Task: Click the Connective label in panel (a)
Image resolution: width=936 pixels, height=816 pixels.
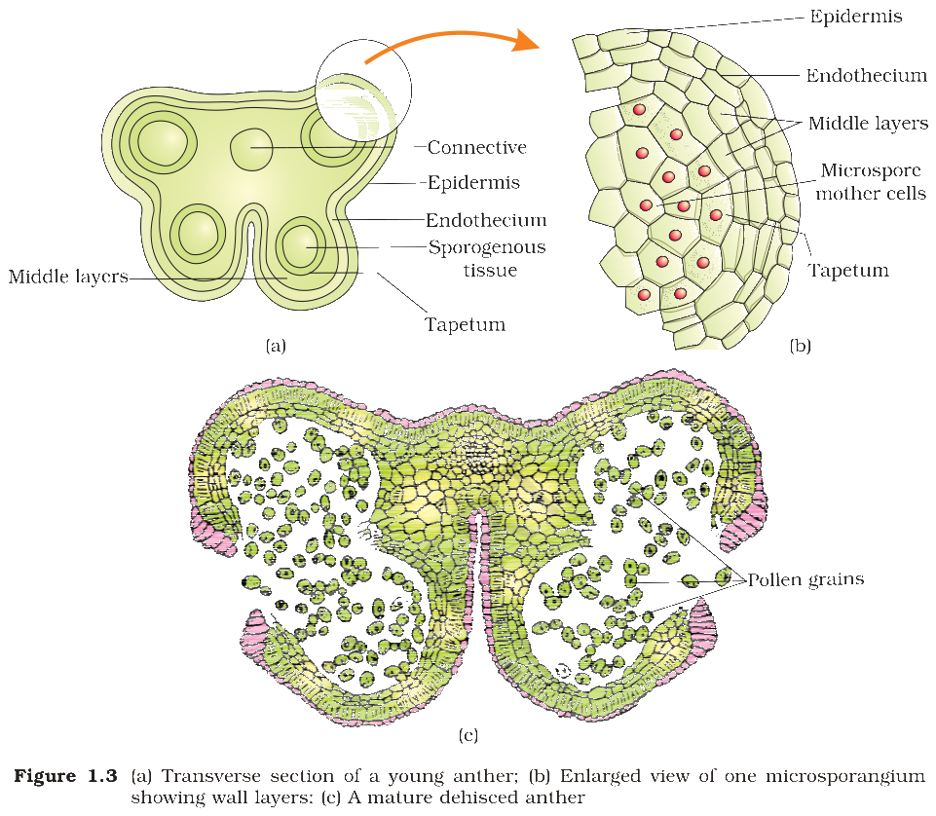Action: (x=477, y=147)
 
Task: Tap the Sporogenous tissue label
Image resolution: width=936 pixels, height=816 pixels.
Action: (x=487, y=258)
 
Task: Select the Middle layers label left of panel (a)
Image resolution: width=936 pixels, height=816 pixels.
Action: (x=68, y=277)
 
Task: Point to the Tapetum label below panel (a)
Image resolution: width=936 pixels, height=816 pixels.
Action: (x=465, y=324)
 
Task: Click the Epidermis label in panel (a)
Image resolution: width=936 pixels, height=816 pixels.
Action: (x=473, y=183)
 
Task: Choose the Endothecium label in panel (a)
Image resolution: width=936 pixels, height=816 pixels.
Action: (x=486, y=220)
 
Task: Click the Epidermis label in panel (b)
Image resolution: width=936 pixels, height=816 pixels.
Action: (x=855, y=17)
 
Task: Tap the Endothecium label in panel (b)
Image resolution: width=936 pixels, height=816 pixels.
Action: (x=867, y=75)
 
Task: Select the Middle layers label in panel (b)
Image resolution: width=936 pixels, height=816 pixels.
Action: (x=869, y=123)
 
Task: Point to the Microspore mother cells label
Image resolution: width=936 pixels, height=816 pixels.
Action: (x=871, y=181)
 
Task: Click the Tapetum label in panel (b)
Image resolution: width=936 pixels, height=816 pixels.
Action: (x=848, y=270)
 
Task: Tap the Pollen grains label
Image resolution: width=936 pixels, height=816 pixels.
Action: (x=805, y=579)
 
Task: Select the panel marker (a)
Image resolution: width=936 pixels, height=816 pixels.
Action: (x=276, y=347)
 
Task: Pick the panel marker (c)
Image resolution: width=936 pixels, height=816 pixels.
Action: (x=468, y=735)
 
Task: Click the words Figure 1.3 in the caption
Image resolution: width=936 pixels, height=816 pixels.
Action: (x=65, y=776)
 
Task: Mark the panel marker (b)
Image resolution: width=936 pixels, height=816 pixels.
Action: (x=800, y=347)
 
